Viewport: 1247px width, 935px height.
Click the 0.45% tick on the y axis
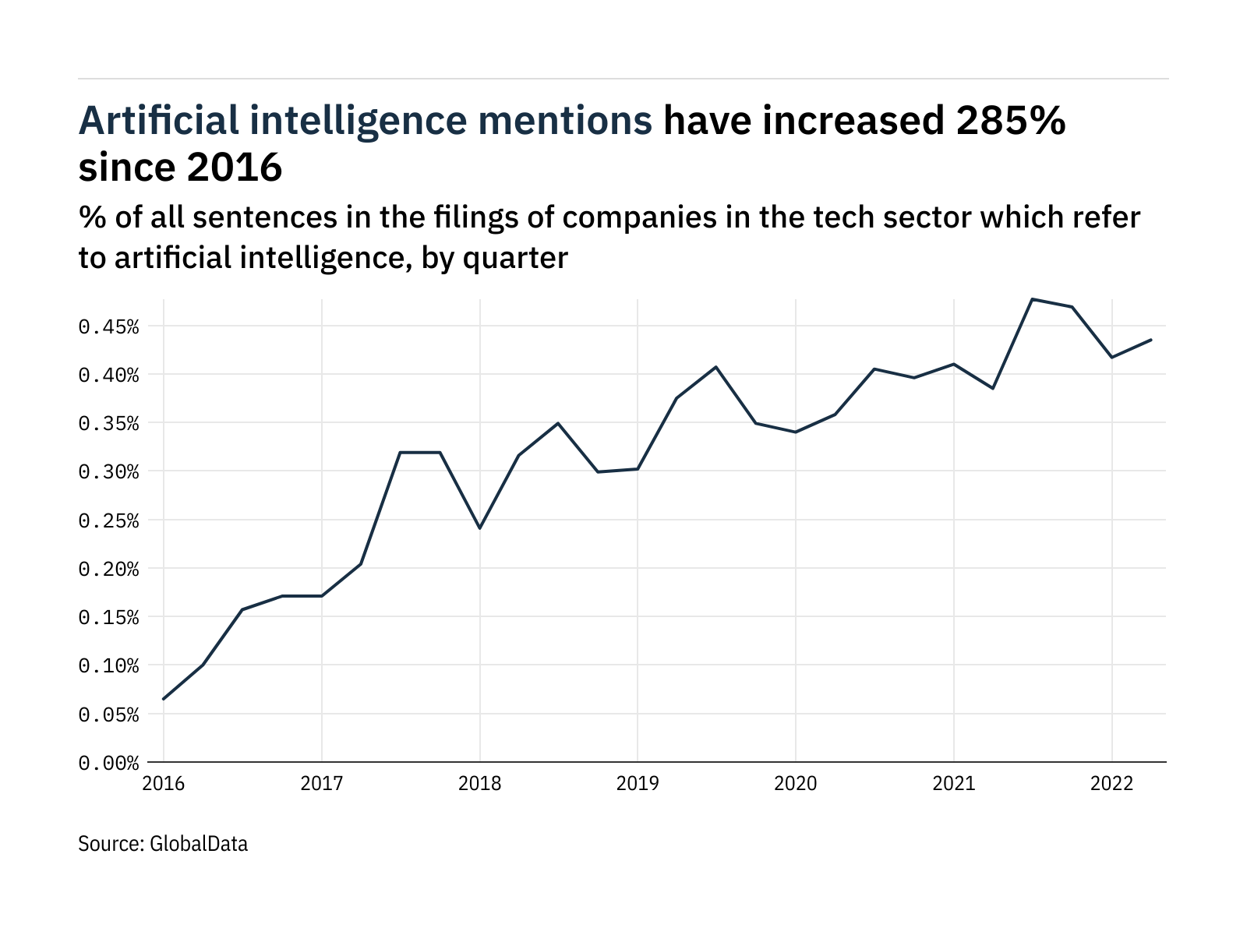[108, 326]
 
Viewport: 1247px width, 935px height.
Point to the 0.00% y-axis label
[108, 763]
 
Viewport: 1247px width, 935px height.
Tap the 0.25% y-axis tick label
[108, 520]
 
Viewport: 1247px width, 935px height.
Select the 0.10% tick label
[108, 666]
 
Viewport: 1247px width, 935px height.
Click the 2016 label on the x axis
[164, 783]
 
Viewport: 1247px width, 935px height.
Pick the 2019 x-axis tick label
[638, 783]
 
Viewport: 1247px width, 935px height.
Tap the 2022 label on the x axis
[1111, 783]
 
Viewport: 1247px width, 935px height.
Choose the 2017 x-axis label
[322, 783]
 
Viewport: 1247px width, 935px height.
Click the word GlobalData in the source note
[198, 844]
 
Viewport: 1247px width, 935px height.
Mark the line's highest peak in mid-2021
[1032, 299]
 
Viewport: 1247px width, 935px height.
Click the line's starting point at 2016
[164, 699]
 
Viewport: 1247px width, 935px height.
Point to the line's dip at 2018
[480, 528]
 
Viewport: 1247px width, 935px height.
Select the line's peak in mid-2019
[716, 367]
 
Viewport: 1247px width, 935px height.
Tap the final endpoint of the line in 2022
[1151, 340]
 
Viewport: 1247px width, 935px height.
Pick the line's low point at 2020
[795, 432]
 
